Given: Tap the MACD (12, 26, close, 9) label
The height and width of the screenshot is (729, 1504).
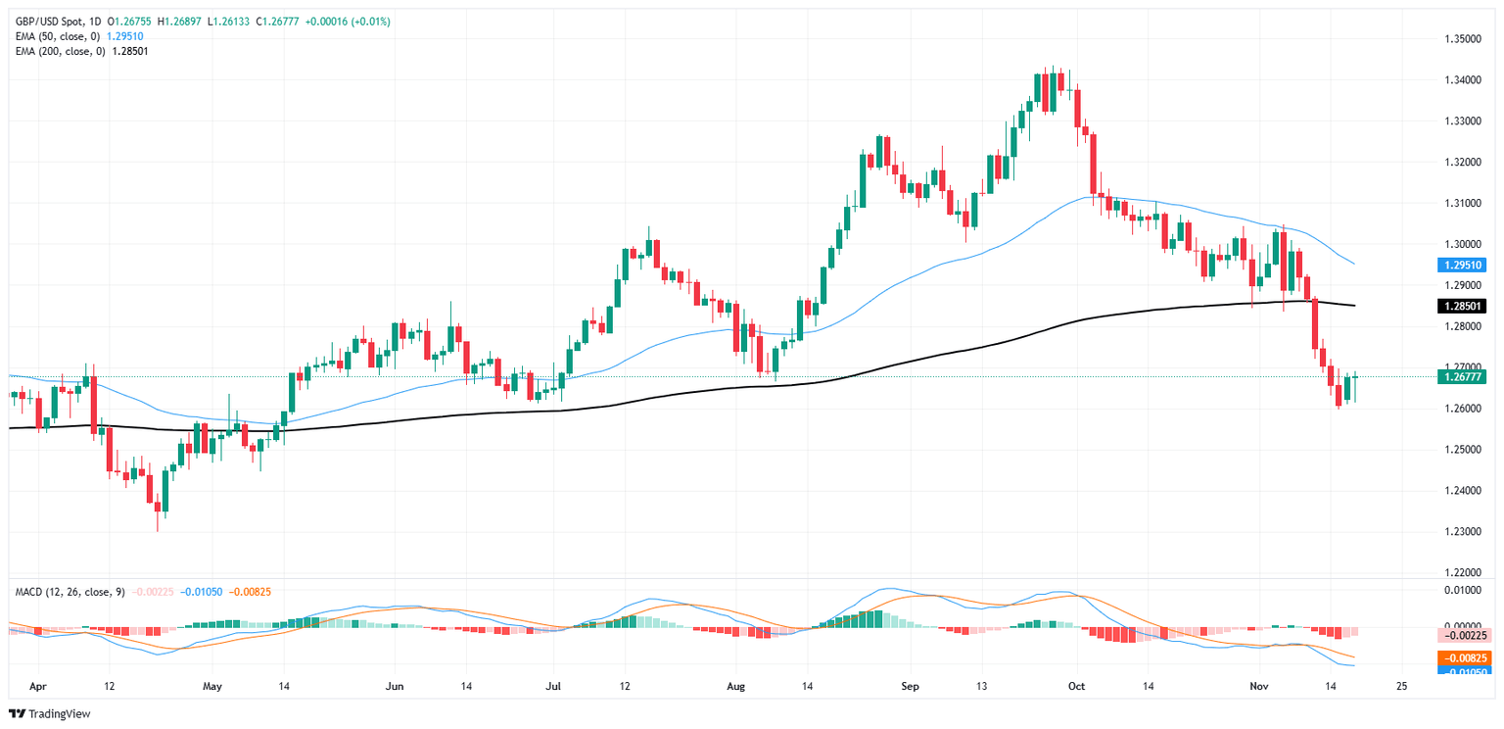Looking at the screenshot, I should tap(66, 591).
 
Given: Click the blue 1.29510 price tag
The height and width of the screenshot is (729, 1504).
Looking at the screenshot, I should tap(1462, 265).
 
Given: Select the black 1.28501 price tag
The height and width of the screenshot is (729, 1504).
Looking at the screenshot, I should tap(1462, 306).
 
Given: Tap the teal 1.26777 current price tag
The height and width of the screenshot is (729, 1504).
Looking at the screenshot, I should tap(1462, 376).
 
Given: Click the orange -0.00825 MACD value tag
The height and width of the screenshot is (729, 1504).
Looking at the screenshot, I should tap(1462, 657).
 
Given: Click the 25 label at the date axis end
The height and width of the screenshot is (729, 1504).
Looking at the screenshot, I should tap(1401, 686).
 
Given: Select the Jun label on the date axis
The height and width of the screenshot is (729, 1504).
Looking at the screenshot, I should tap(396, 686).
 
